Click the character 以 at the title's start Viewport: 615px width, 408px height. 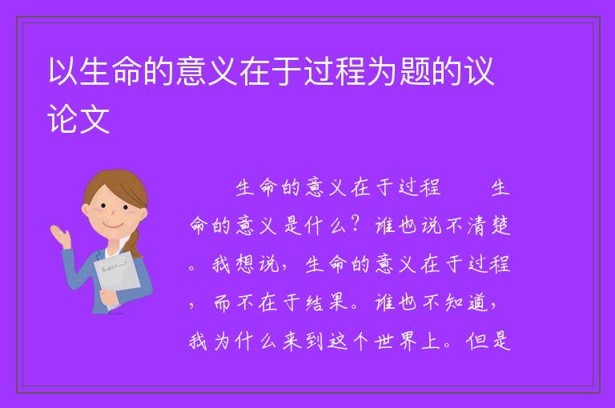tap(62, 71)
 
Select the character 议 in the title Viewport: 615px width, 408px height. tap(479, 71)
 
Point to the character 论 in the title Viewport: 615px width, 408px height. tap(62, 118)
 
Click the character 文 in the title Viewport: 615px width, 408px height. tap(94, 118)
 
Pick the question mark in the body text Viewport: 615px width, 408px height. tap(356, 225)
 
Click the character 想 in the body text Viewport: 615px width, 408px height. tap(245, 264)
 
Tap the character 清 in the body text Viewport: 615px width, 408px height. tap(476, 226)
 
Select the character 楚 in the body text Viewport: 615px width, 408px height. tap(500, 226)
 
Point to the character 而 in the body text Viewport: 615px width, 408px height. tap(222, 302)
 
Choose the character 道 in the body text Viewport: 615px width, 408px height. tap(477, 302)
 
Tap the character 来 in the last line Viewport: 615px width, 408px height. tap(291, 341)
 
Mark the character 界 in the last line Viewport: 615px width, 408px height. tap(408, 341)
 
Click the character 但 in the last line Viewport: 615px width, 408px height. tap(477, 341)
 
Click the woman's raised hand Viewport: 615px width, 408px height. tap(60, 235)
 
